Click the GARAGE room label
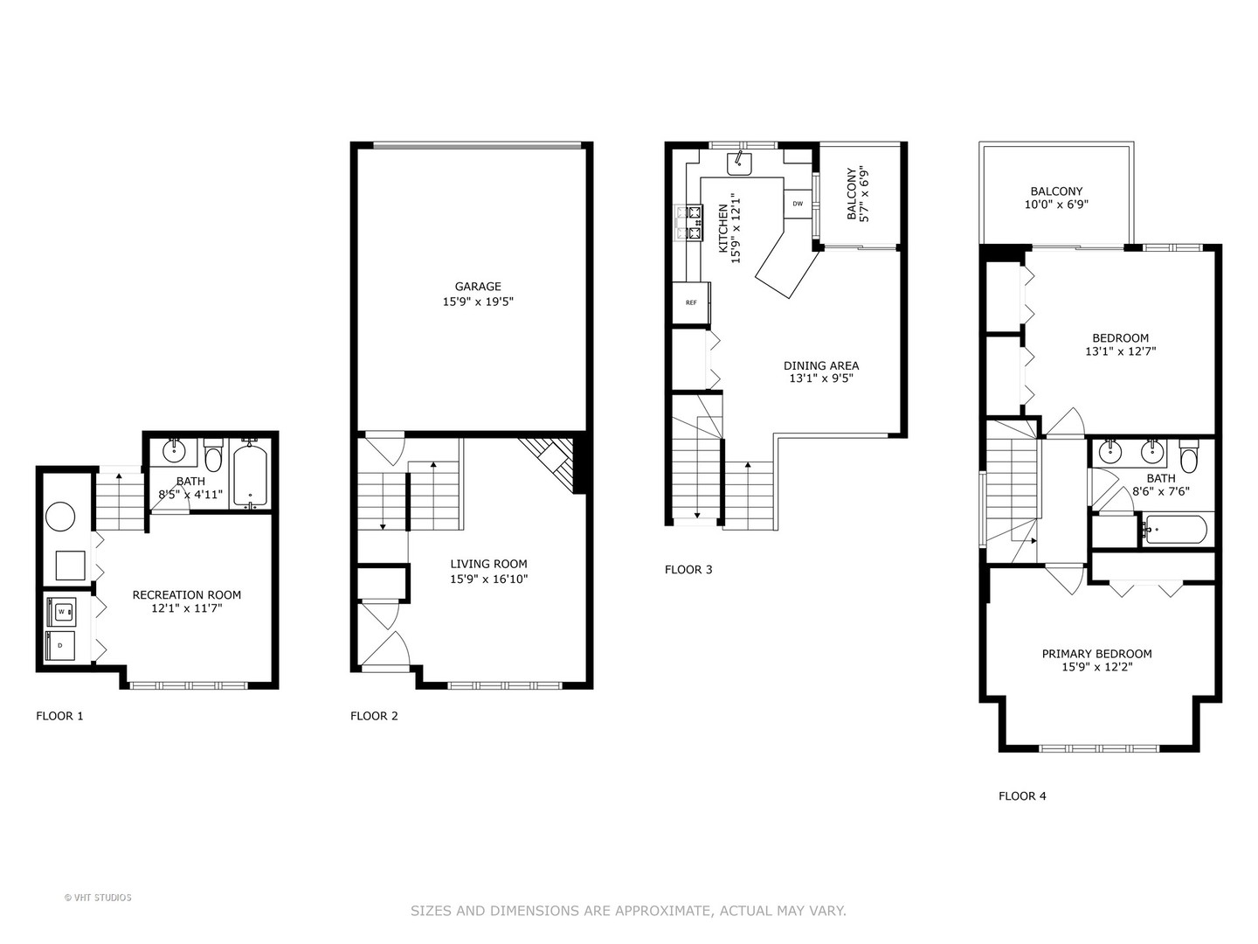tap(477, 287)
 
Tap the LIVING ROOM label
tap(488, 565)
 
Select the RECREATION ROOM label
tap(186, 595)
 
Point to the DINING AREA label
tap(820, 366)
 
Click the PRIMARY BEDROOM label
tap(1096, 654)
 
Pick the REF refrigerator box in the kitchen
tap(691, 303)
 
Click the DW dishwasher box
tap(797, 204)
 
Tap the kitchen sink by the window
tap(740, 162)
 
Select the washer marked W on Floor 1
tap(61, 612)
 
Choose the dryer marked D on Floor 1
tap(61, 645)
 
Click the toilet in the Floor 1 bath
tap(213, 457)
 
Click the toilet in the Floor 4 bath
tap(1188, 456)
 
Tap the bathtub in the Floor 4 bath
tap(1175, 530)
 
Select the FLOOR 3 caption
tap(688, 570)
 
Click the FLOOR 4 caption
tap(1022, 796)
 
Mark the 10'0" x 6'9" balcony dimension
tap(1056, 205)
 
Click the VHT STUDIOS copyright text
tap(99, 898)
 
